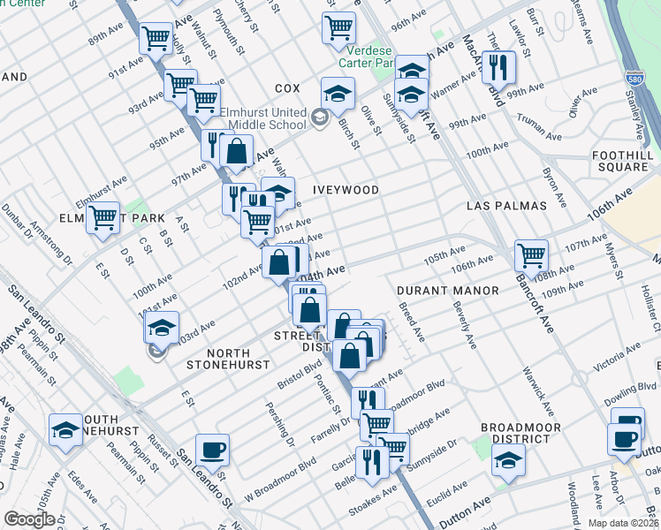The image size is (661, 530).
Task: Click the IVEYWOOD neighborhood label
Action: point(346,190)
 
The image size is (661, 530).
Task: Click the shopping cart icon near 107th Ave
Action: point(531,256)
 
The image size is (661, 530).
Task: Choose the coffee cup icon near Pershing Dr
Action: point(212,450)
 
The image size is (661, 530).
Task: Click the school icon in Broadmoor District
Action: point(508,459)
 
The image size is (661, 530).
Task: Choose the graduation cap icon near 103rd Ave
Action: point(162,328)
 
